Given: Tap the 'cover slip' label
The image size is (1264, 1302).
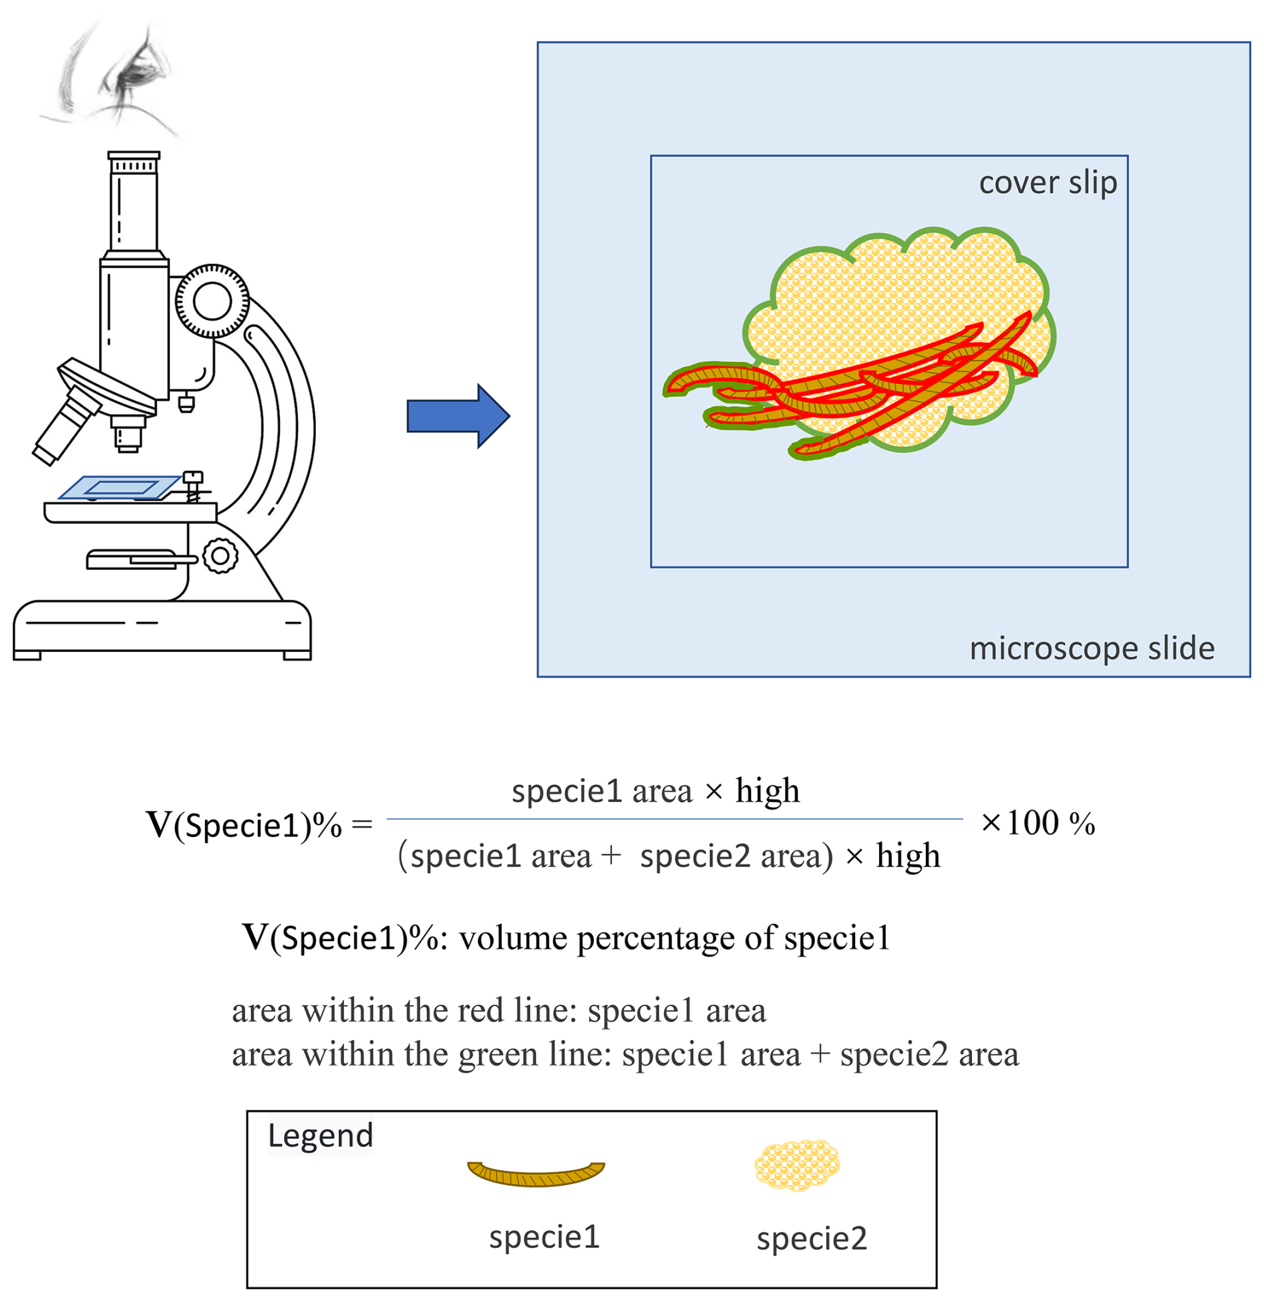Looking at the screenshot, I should (1047, 183).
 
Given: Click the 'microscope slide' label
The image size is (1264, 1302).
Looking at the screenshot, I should (1091, 648).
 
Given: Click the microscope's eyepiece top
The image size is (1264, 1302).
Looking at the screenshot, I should (134, 156).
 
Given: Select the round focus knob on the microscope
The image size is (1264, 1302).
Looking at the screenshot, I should (212, 301).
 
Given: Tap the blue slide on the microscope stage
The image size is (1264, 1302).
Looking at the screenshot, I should (120, 487).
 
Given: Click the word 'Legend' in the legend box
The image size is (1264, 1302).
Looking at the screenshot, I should (320, 1136).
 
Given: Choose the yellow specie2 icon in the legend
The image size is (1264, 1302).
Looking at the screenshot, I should (796, 1165).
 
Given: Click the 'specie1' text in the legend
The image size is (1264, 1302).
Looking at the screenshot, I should (544, 1237).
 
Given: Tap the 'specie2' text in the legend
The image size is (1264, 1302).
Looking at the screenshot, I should (811, 1238).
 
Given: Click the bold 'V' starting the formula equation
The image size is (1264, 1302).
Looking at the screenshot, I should (159, 824).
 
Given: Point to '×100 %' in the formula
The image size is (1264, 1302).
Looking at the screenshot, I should (1037, 823).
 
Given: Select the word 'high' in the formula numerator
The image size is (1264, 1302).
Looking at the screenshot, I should (767, 791).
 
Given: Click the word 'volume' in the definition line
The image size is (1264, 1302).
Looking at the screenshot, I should (513, 938).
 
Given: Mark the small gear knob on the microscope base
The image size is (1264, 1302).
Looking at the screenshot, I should (220, 555).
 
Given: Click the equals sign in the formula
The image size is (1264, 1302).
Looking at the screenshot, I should (361, 824).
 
